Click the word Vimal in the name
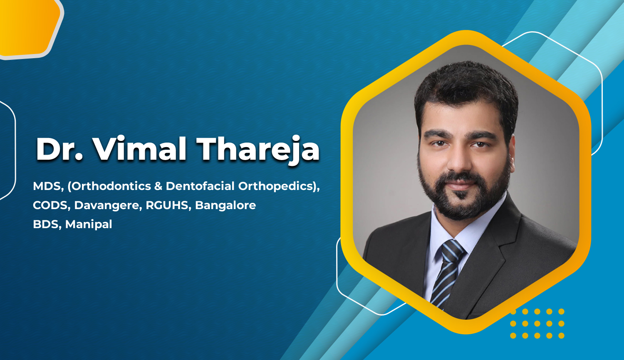139,148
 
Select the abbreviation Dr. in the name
59,149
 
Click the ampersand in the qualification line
158,186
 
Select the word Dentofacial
200,186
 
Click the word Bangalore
225,205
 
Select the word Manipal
89,224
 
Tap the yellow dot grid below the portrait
537,323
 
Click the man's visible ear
512,156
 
